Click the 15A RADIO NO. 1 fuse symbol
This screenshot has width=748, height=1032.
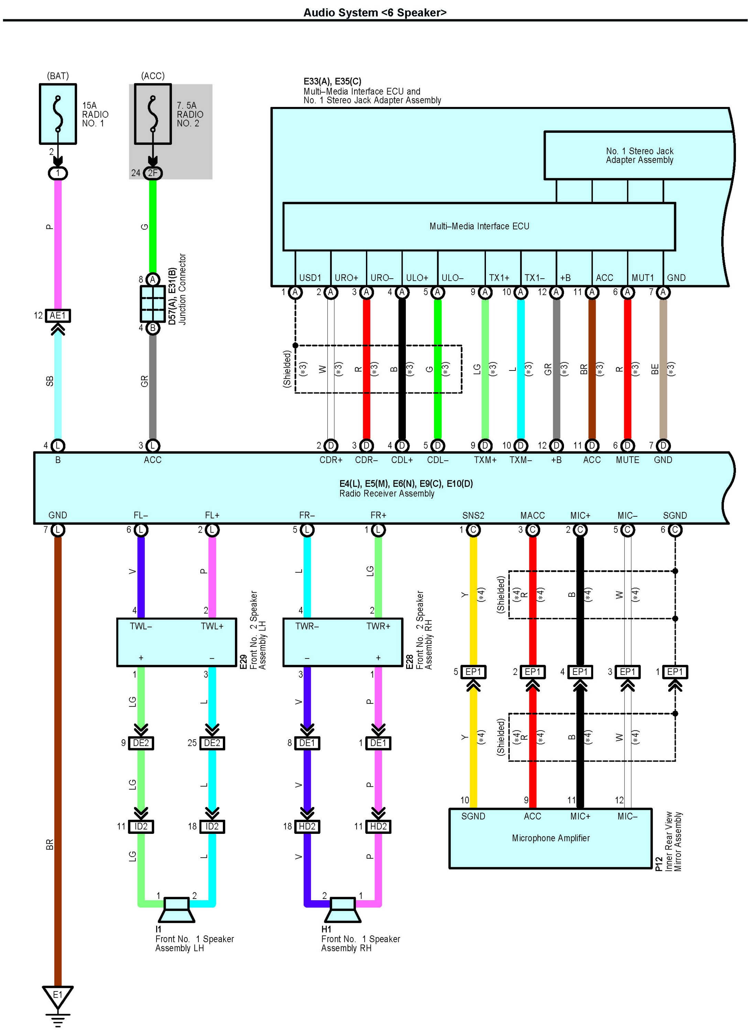click(58, 114)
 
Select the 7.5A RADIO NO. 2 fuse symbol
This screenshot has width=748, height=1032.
click(153, 114)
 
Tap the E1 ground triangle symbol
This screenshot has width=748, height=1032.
click(58, 996)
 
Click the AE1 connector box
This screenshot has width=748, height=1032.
click(58, 315)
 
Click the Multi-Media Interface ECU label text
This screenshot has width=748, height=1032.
click(479, 226)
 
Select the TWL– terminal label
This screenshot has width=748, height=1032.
click(141, 626)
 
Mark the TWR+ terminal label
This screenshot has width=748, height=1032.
click(378, 626)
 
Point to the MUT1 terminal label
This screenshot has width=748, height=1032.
click(642, 278)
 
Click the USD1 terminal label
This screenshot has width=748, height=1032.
click(310, 278)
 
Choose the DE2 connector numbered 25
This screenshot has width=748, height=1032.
click(212, 743)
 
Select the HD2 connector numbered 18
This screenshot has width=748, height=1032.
click(307, 826)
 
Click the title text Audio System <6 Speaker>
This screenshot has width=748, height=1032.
click(375, 12)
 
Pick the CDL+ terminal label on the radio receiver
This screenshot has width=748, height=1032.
click(402, 460)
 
